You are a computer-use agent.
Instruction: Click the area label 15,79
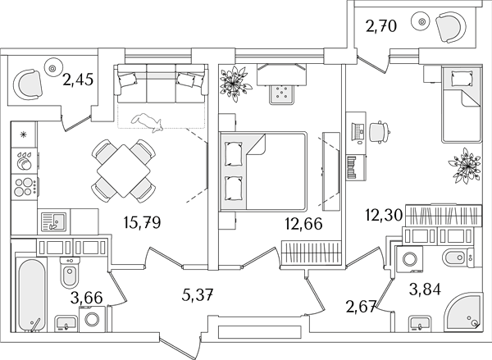(x=142, y=222)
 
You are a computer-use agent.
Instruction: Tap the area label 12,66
(x=303, y=224)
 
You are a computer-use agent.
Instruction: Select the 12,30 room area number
(x=384, y=216)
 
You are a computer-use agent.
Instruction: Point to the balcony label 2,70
(x=381, y=26)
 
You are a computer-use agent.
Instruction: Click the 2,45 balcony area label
(x=78, y=80)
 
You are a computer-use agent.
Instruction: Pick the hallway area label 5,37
(x=198, y=295)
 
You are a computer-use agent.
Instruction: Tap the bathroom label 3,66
(x=87, y=298)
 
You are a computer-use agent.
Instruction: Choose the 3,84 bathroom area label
(x=425, y=289)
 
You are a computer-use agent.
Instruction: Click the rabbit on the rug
(x=147, y=122)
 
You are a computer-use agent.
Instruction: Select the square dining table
(x=124, y=171)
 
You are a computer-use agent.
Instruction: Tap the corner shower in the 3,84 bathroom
(x=462, y=312)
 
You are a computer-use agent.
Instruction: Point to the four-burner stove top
(x=25, y=187)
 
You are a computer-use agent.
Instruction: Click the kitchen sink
(x=54, y=221)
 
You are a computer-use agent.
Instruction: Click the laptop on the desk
(x=358, y=131)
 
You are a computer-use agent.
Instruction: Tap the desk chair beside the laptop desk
(x=380, y=132)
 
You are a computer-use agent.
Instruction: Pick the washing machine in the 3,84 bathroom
(x=410, y=259)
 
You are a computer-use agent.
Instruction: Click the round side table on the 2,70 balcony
(x=422, y=21)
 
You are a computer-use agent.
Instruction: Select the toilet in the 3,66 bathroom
(x=69, y=271)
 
